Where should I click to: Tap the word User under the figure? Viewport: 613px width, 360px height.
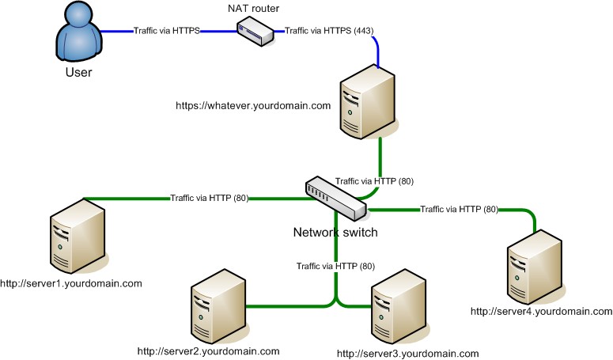point(78,74)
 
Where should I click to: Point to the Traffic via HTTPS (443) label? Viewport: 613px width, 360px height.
point(329,32)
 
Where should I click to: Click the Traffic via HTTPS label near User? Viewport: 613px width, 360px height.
point(166,32)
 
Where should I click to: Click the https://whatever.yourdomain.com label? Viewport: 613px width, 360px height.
point(252,105)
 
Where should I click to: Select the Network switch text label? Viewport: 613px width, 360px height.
point(335,233)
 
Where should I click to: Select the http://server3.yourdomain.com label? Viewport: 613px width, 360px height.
point(408,353)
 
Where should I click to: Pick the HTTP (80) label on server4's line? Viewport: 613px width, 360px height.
point(460,210)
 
